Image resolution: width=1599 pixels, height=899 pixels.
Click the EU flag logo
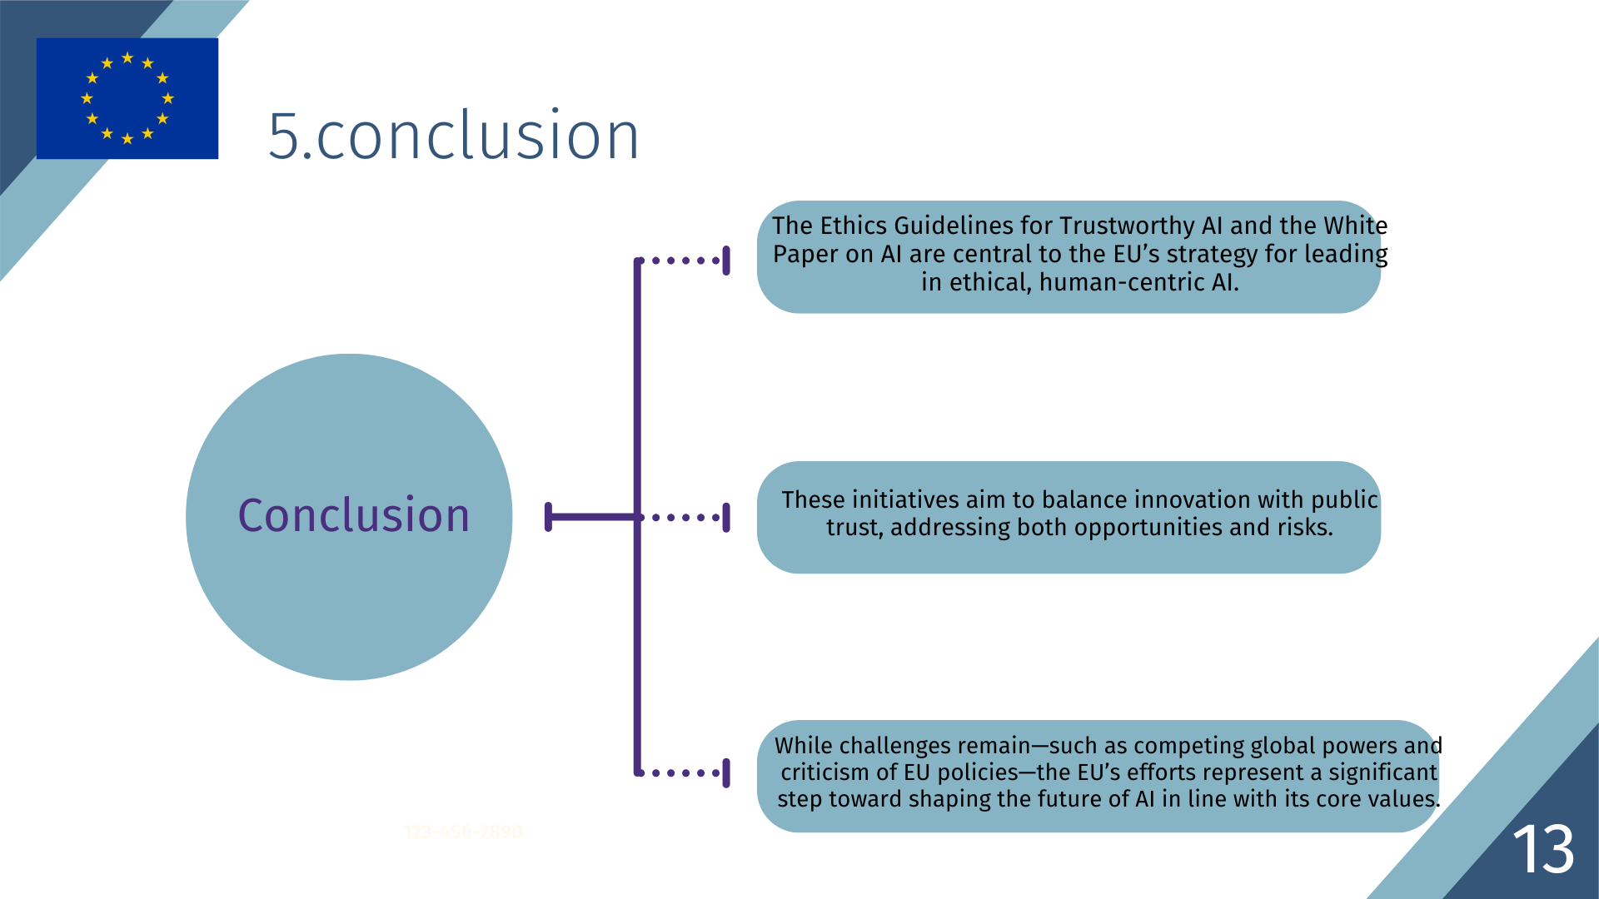(x=127, y=98)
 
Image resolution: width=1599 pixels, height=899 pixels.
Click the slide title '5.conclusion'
(x=454, y=135)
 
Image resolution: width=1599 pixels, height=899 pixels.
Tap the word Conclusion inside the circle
(x=354, y=515)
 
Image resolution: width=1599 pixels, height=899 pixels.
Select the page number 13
(x=1543, y=849)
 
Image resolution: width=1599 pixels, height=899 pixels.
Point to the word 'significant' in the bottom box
(x=1382, y=772)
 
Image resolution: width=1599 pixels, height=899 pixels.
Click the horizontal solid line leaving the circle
(x=592, y=517)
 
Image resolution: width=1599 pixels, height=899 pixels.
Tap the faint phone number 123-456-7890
(x=463, y=832)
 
